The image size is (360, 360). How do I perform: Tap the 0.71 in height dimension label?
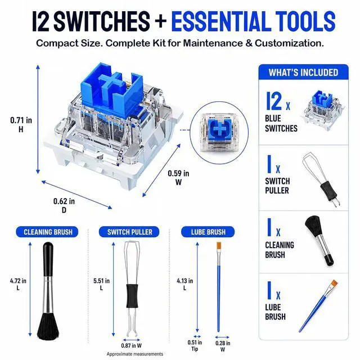(21, 125)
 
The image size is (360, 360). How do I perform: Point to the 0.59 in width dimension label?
(178, 178)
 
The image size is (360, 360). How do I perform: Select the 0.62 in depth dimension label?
(64, 205)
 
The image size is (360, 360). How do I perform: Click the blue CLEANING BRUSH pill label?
(47, 232)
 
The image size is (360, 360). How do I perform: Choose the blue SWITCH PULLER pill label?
(129, 232)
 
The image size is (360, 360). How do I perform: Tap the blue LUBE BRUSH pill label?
(208, 232)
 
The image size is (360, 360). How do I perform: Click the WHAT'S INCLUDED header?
(303, 73)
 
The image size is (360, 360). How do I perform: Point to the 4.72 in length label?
(18, 284)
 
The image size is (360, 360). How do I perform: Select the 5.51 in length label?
(101, 284)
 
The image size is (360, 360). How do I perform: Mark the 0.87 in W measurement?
(131, 345)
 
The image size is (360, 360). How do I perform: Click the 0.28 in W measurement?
(223, 346)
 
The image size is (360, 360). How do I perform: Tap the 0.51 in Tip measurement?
(195, 345)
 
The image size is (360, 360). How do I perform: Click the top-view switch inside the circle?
(219, 133)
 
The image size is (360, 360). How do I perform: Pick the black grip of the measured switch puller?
(132, 296)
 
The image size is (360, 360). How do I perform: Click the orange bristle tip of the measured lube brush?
(219, 246)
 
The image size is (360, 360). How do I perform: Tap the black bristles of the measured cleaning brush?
(47, 326)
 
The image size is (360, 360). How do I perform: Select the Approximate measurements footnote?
(135, 354)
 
